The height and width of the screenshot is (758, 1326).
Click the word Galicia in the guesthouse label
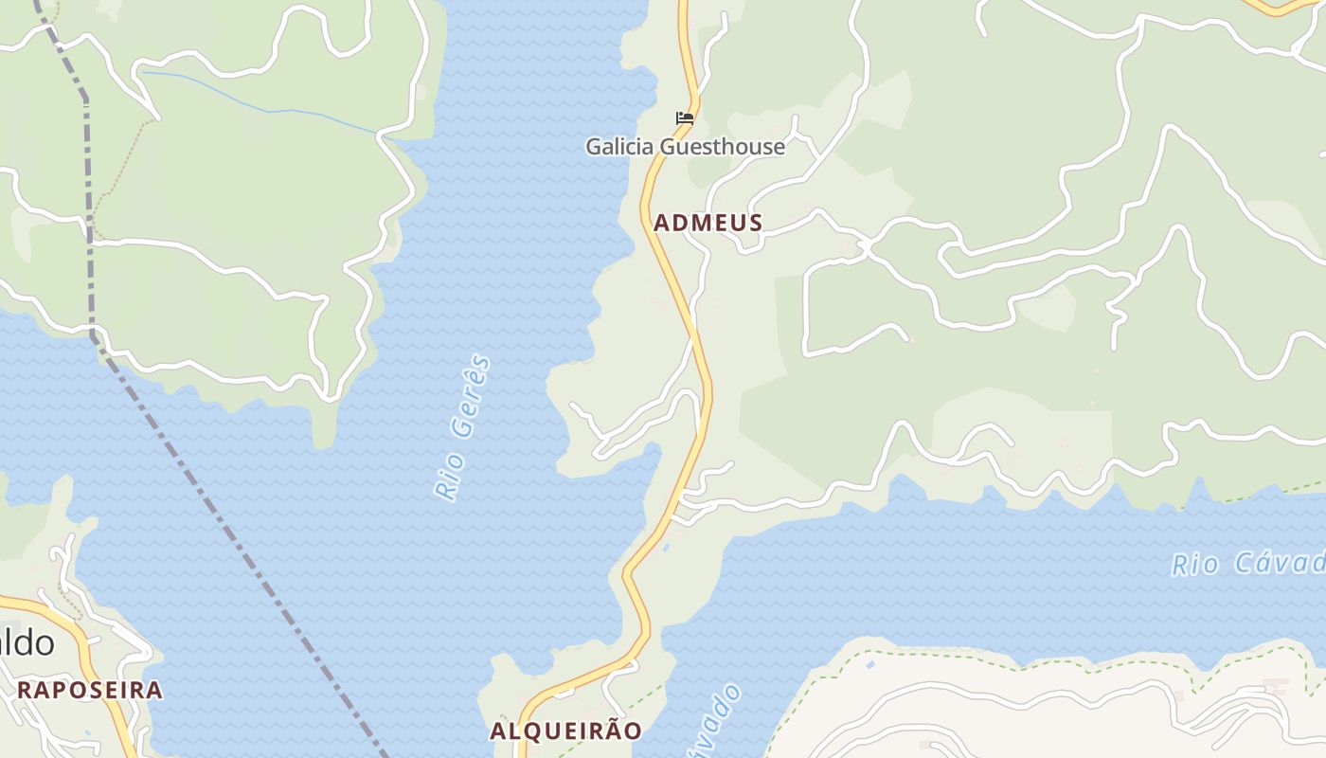pos(620,147)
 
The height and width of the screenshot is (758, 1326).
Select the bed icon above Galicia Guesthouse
pos(685,119)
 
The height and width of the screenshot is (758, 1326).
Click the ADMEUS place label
pos(708,223)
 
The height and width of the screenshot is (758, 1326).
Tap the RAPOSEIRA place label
pos(90,690)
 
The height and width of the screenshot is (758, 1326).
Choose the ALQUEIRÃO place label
pos(565,731)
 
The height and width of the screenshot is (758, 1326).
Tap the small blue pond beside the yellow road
pos(665,548)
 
